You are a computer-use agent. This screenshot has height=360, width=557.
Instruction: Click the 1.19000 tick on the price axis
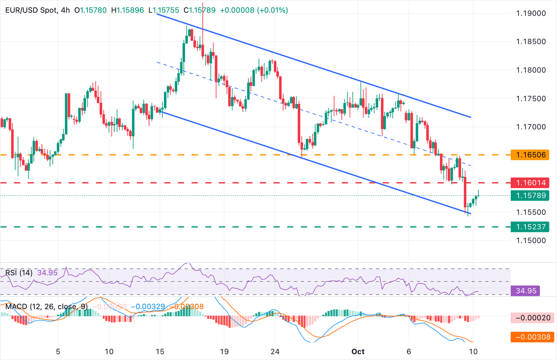[531, 13]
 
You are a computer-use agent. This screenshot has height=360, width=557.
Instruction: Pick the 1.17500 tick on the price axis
[531, 99]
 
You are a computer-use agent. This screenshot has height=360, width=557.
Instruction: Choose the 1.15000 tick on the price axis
[531, 240]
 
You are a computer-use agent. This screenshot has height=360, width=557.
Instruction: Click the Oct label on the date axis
[358, 352]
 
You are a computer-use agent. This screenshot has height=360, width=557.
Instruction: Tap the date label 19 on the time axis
[224, 352]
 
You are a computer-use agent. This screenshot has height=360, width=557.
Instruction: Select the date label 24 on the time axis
[275, 352]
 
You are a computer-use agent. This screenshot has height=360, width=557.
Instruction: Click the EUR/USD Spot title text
[31, 10]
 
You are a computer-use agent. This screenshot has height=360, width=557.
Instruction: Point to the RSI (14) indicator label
[19, 273]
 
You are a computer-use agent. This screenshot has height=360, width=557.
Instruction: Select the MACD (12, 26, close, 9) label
[46, 307]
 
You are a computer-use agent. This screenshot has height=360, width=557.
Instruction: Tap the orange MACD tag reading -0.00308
[533, 337]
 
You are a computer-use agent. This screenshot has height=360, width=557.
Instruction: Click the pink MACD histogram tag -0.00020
[533, 318]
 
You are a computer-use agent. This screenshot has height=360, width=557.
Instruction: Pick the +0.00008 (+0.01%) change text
[254, 10]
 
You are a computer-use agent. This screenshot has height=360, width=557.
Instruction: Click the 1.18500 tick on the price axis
[531, 42]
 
